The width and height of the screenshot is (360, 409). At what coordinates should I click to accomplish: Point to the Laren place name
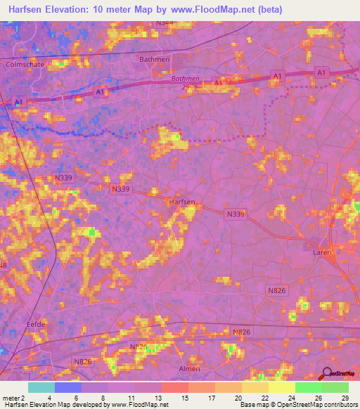pyautogui.click(x=323, y=251)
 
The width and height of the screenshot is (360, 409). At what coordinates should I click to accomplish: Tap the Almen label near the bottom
pyautogui.click(x=189, y=368)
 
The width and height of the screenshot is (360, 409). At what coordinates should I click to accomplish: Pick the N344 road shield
pyautogui.click(x=165, y=23)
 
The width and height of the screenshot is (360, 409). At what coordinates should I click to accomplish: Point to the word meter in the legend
pyautogui.click(x=10, y=397)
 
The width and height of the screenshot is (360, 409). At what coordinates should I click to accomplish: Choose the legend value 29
pyautogui.click(x=344, y=397)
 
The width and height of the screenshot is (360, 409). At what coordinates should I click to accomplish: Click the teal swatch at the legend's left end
pyautogui.click(x=41, y=387)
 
